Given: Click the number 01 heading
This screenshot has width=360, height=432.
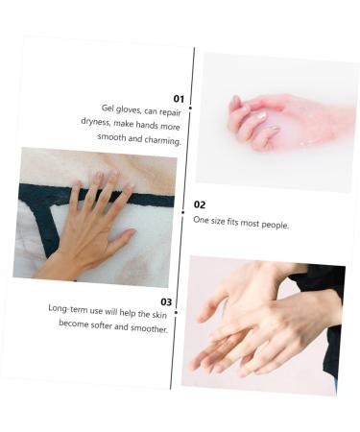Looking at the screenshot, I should point(179,98).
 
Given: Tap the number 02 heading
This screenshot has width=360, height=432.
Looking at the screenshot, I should point(200,204).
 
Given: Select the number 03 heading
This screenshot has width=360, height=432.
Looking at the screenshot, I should point(166,301).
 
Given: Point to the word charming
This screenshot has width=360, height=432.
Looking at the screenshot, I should point(160,141).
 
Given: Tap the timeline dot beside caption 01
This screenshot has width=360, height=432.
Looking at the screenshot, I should point(190,108).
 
